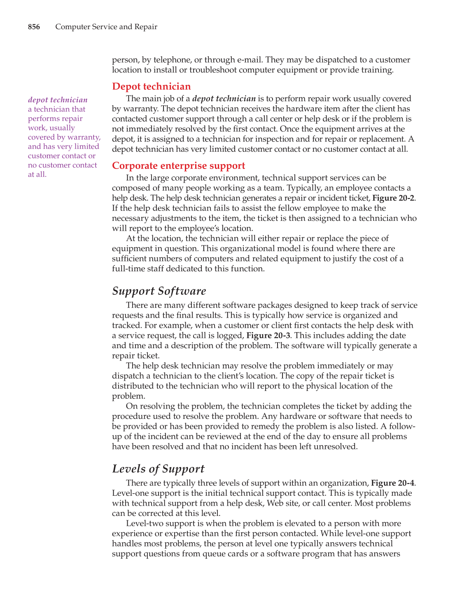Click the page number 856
pos(34,27)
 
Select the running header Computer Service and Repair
pos(106,27)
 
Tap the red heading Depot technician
pos(151,86)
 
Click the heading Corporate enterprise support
pos(178,166)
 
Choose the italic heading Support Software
pos(159,291)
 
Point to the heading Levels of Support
pos(158,469)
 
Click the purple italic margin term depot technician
pos(58,100)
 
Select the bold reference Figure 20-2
pos(393,198)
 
